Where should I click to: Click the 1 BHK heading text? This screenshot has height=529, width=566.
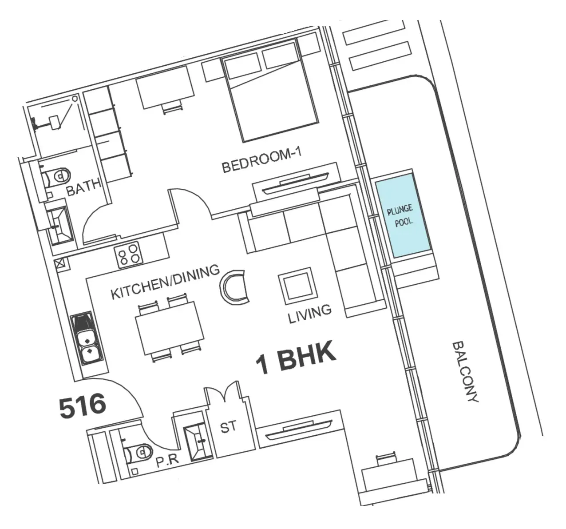(296, 357)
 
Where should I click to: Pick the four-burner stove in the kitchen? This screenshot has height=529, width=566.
(128, 255)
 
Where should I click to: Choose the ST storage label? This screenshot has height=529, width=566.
(228, 427)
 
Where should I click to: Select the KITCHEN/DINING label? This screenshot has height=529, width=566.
(165, 282)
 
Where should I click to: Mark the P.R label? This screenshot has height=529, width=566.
(167, 461)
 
